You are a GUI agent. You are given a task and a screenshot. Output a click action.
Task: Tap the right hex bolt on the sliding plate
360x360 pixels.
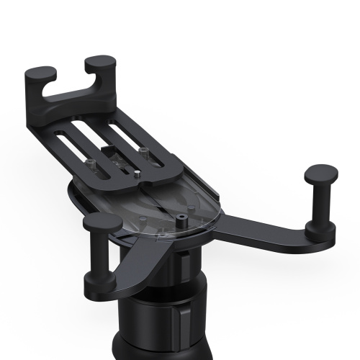(x=144, y=152)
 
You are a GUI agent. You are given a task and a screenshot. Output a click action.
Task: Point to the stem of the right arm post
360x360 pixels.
(x=318, y=205)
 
